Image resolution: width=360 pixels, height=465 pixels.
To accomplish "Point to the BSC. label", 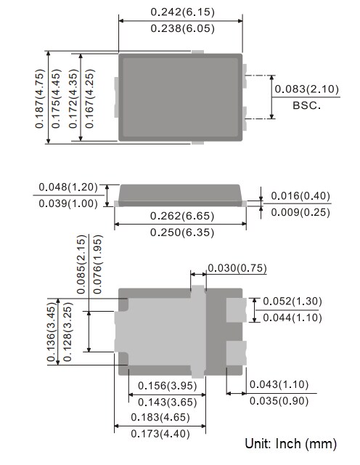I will [306, 105].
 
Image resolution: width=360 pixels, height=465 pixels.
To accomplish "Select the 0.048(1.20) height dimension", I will [69, 187].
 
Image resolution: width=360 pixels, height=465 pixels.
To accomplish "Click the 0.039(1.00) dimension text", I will [69, 203].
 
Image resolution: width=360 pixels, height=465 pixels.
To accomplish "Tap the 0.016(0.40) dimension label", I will [300, 196].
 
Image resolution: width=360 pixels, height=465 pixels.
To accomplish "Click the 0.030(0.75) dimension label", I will [237, 268].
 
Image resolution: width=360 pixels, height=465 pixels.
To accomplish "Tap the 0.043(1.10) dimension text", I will [279, 384].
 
